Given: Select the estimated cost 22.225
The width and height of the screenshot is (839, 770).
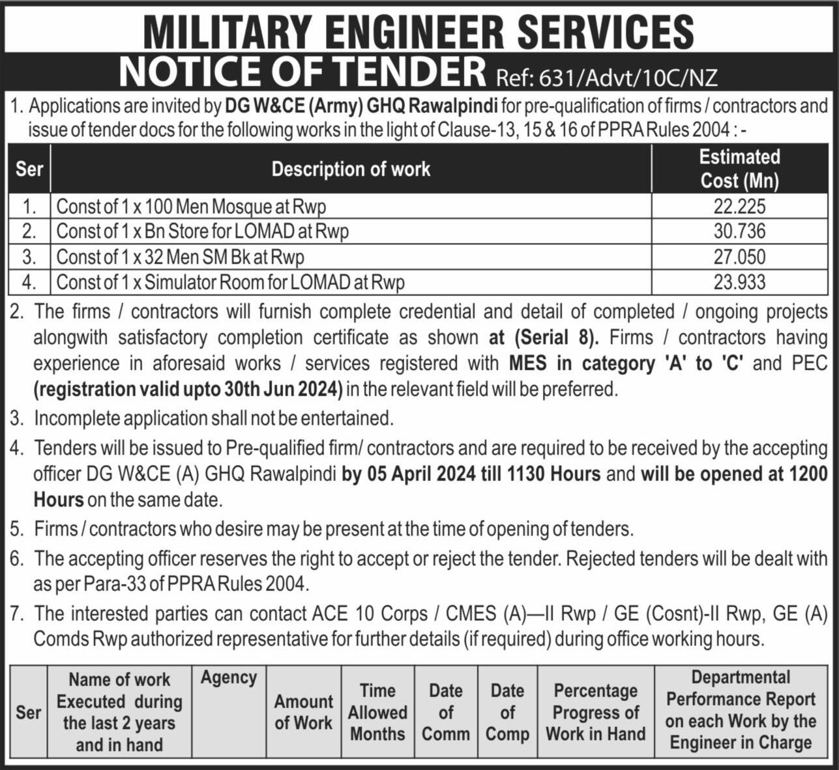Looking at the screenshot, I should coord(739,207).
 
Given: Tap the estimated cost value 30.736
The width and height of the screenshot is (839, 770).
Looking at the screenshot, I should coord(739,231).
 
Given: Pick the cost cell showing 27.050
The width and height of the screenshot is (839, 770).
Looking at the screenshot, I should coord(739,257).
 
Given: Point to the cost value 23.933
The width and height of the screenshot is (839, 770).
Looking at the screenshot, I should coord(739,281).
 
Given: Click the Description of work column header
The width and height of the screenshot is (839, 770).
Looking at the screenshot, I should coord(351,169).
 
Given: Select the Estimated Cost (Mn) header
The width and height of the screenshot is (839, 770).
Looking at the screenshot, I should coord(739,169).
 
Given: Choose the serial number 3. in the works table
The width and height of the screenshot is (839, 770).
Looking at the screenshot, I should coord(29,257).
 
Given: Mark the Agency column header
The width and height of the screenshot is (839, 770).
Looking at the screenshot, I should coord(229,678).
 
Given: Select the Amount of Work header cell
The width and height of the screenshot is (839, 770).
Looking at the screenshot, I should coord(303,712).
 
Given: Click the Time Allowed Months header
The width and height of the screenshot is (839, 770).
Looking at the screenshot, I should coord(377,712).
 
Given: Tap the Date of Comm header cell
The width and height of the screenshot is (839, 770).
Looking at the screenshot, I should coord(446,712).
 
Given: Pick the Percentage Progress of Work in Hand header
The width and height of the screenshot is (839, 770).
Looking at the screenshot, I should coord(595,712).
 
